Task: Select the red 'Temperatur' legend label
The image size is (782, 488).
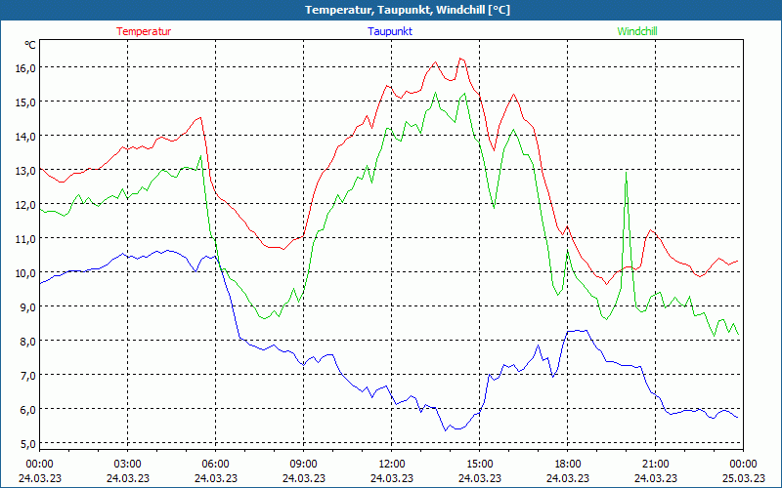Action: coord(144,31)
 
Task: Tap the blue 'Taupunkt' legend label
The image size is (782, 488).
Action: coord(390,31)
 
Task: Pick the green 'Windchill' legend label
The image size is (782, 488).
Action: coord(637,31)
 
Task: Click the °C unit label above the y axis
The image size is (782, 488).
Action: coord(30,45)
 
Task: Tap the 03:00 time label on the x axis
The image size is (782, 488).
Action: coord(127,463)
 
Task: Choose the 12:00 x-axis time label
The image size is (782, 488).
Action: coord(391,463)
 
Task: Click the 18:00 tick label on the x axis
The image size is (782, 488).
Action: coord(567,463)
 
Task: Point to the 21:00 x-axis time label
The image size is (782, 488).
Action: coord(655,463)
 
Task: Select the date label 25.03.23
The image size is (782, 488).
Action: coord(743,477)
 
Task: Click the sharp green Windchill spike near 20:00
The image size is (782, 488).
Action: coord(626,173)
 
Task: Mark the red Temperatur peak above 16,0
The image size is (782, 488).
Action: coord(460,59)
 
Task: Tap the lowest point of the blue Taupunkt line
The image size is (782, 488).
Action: coord(445,430)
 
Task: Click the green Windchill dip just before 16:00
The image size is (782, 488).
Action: coord(495,208)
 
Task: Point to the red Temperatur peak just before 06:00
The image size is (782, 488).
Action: coord(200,117)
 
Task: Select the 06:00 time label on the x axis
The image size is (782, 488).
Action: coord(215,463)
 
